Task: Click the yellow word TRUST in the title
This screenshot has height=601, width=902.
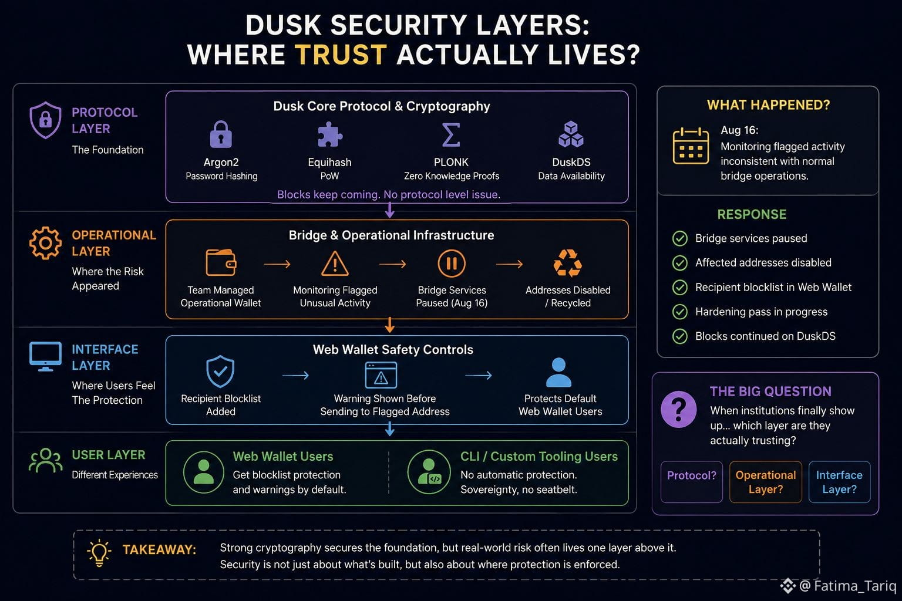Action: click(341, 55)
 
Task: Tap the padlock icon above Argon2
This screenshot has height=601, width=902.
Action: click(221, 134)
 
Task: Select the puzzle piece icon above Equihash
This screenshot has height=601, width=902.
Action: click(330, 134)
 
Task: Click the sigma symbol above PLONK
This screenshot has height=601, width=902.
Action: click(451, 134)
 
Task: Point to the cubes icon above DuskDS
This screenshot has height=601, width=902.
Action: click(571, 134)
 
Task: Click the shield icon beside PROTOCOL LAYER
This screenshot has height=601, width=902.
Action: click(45, 120)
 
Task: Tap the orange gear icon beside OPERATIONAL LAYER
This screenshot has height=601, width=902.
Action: click(45, 243)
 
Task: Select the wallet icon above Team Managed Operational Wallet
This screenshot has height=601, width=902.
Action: click(221, 262)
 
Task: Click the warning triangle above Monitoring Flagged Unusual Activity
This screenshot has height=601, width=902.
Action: click(335, 264)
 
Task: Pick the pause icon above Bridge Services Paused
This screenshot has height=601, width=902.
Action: click(452, 264)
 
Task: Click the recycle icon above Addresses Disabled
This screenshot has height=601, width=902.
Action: click(568, 264)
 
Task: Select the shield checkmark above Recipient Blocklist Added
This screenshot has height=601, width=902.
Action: click(220, 371)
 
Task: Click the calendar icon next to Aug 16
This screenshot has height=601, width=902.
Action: click(691, 146)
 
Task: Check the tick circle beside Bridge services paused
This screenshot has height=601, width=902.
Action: click(679, 238)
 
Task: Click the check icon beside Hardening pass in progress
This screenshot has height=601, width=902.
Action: click(679, 312)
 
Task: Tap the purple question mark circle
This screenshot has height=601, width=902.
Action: click(678, 410)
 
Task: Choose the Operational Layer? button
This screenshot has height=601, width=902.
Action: click(766, 482)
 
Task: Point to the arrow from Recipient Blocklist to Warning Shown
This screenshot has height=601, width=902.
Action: click(295, 376)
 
